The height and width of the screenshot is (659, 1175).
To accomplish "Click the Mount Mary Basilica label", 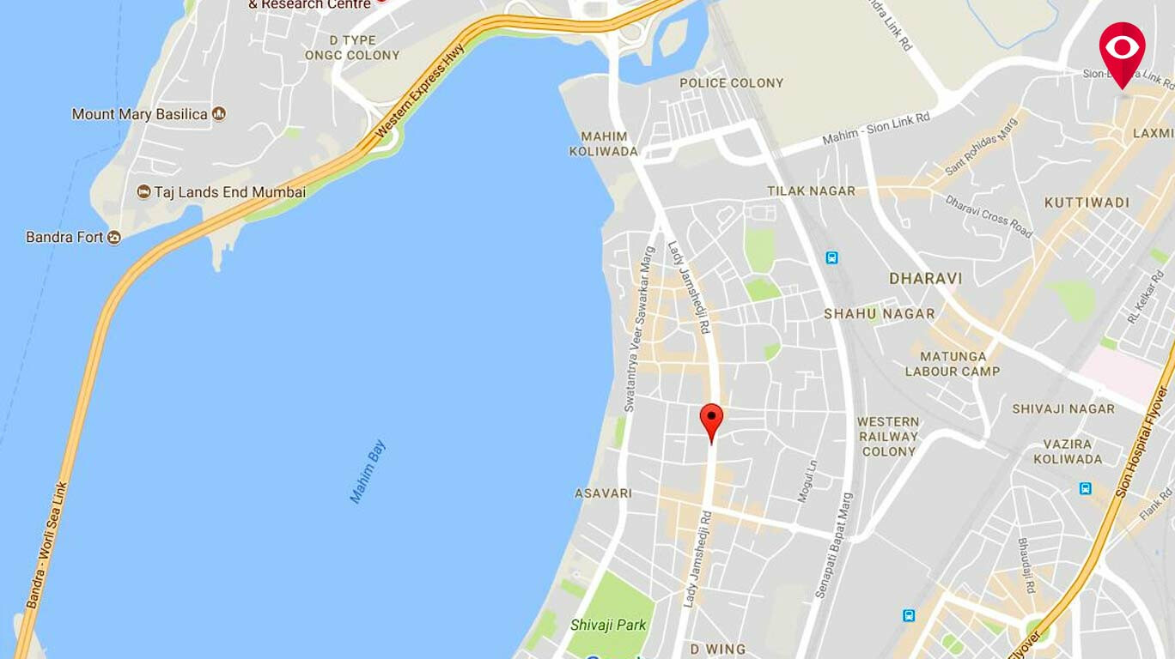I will click(140, 114).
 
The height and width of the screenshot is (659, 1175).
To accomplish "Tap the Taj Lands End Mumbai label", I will click(229, 192).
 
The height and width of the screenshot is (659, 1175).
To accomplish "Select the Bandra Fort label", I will click(64, 237).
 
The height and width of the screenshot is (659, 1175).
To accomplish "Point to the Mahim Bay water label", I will click(368, 472).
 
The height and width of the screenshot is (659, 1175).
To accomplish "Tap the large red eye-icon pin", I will click(1122, 49).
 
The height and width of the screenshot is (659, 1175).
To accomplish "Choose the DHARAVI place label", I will click(925, 279).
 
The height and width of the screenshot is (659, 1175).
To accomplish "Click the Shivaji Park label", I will click(608, 625).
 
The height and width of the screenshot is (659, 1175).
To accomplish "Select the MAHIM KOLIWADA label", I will click(604, 143).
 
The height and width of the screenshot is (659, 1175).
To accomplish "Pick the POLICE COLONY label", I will click(731, 83).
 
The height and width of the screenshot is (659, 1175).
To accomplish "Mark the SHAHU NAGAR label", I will click(879, 314).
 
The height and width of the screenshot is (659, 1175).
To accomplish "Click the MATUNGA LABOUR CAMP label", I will click(953, 364).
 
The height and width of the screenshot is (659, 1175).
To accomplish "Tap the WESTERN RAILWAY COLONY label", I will click(888, 436).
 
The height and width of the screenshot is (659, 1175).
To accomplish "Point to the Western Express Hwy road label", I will click(420, 93).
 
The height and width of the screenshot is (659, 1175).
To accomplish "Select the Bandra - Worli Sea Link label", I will click(48, 546).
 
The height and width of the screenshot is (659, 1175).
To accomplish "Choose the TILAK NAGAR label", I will click(811, 191).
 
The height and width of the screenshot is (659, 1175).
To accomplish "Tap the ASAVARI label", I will click(603, 493).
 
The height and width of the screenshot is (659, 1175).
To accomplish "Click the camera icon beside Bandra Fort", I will click(114, 238).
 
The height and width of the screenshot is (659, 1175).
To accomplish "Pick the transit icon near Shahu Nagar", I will click(831, 257).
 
